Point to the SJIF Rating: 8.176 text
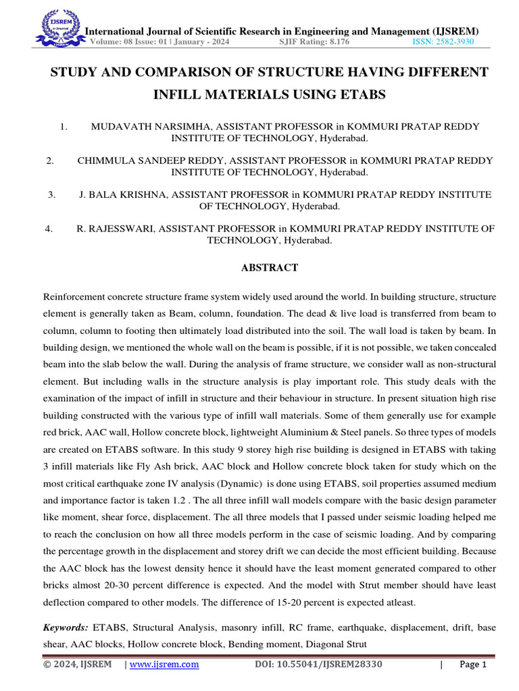click(314, 42)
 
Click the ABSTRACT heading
click(270, 268)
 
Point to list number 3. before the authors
click(51, 194)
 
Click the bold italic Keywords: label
click(66, 627)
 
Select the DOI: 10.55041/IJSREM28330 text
click(318, 665)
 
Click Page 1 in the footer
click(473, 665)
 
